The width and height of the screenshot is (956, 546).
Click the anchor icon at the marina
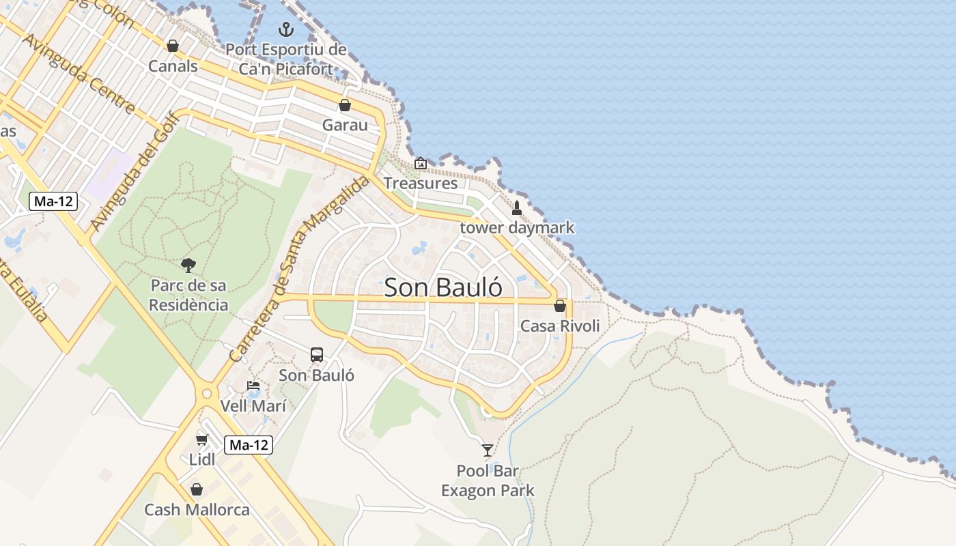[286, 29]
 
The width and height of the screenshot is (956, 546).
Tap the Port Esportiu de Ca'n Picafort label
[286, 59]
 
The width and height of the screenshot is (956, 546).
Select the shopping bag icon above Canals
[173, 46]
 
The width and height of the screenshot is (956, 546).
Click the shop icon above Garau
[345, 105]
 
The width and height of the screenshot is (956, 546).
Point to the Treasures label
[420, 183]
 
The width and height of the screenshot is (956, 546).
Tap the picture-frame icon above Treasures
[421, 163]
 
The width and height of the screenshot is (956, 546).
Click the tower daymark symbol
[517, 208]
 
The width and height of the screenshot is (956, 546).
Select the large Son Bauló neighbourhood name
[443, 287]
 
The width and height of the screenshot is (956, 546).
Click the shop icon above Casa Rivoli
[560, 306]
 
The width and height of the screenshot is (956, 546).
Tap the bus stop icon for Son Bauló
[317, 355]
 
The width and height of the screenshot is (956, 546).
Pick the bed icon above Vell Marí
[253, 386]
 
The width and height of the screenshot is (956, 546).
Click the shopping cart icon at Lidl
[201, 439]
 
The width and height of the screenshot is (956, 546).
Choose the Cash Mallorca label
[197, 510]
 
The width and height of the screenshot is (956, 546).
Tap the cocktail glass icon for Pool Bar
[488, 450]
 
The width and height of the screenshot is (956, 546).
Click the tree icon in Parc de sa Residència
[188, 265]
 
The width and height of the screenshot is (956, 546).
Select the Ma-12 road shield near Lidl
[249, 445]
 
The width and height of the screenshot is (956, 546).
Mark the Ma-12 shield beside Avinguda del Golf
[53, 201]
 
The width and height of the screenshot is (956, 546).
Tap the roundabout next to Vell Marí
[206, 394]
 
